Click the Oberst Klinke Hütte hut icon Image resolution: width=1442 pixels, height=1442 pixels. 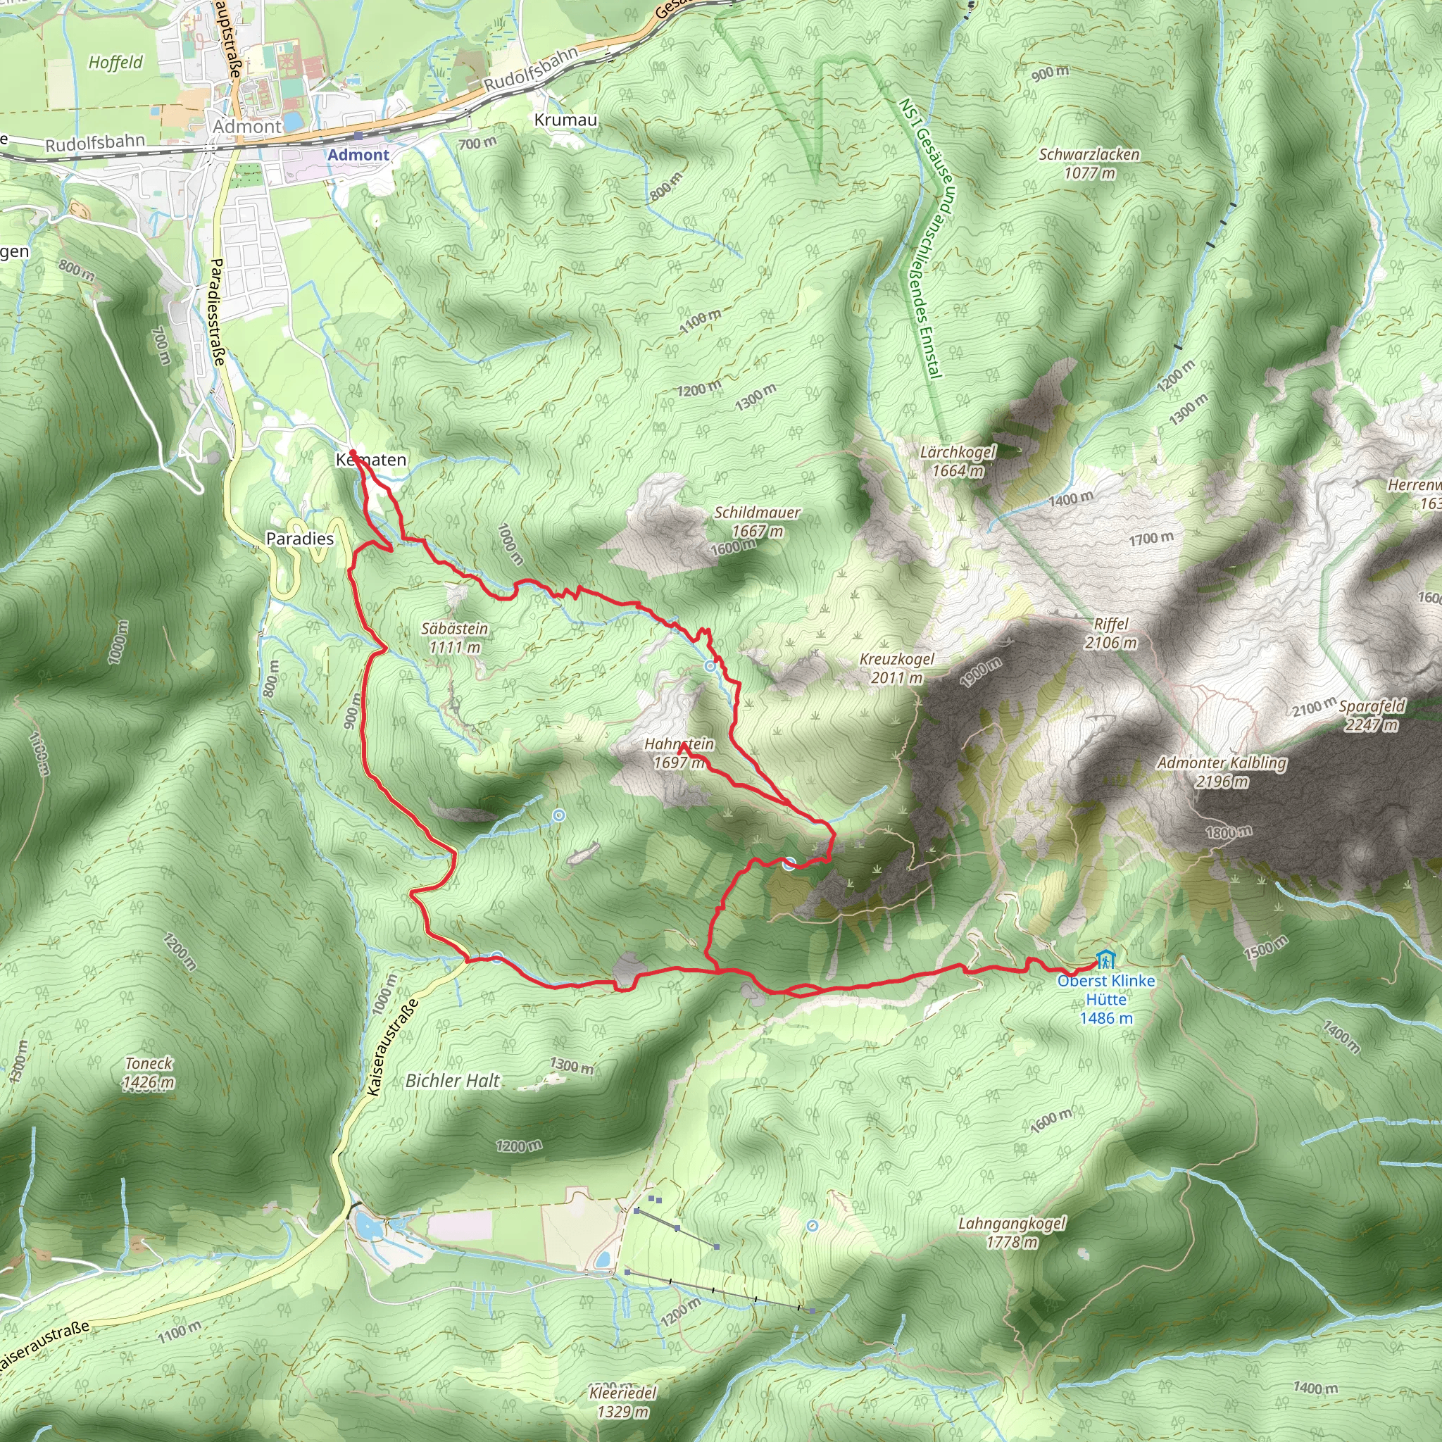pyautogui.click(x=1105, y=958)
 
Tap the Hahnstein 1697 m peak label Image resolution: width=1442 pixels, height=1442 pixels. pyautogui.click(x=679, y=753)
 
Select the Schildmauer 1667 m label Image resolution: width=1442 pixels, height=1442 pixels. pyautogui.click(x=757, y=522)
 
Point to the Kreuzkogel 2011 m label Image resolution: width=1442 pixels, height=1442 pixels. pyautogui.click(x=896, y=669)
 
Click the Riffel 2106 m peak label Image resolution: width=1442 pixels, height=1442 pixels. pyautogui.click(x=1110, y=634)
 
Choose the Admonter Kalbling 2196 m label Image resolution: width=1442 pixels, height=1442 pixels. pyautogui.click(x=1221, y=772)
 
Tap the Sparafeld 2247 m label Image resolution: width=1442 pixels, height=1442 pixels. pyautogui.click(x=1371, y=715)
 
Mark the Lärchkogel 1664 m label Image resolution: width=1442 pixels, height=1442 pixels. pyautogui.click(x=958, y=461)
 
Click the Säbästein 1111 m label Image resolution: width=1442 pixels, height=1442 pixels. pyautogui.click(x=454, y=638)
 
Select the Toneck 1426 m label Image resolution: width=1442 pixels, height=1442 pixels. pyautogui.click(x=149, y=1072)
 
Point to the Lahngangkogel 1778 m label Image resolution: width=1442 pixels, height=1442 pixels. pyautogui.click(x=1011, y=1232)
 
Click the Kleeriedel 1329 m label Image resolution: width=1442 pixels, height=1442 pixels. pyautogui.click(x=622, y=1402)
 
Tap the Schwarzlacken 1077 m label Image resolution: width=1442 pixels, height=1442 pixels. pyautogui.click(x=1089, y=163)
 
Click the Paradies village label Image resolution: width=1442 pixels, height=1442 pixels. pyautogui.click(x=300, y=539)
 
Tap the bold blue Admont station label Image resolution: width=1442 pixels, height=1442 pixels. pyautogui.click(x=358, y=155)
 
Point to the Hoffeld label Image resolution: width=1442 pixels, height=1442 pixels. pyautogui.click(x=115, y=63)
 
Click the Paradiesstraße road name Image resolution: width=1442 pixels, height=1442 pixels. pyautogui.click(x=217, y=311)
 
